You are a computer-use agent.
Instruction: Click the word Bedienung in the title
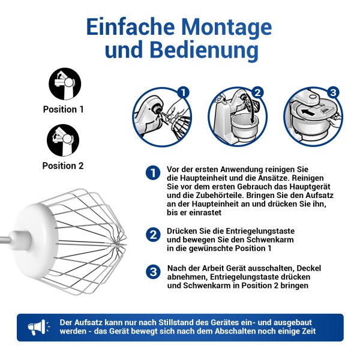tap(205, 50)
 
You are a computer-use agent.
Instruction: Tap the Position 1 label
tap(64, 109)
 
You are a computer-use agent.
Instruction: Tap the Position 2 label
tap(63, 166)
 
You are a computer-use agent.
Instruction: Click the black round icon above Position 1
tap(65, 84)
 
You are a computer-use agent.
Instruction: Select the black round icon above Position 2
tap(63, 140)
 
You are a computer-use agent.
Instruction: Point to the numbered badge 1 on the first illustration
tap(183, 93)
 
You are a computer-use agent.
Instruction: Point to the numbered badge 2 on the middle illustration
tap(257, 92)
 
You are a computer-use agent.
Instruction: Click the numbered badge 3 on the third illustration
tap(333, 92)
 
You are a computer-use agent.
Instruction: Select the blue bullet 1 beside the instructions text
tap(153, 173)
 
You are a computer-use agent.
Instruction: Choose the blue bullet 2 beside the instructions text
tap(153, 235)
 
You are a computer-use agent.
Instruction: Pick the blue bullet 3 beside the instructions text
tap(153, 272)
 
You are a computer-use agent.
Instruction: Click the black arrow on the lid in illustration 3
tap(308, 112)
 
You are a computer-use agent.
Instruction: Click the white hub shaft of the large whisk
tap(20, 240)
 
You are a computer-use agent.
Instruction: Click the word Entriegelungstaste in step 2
tap(260, 231)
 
